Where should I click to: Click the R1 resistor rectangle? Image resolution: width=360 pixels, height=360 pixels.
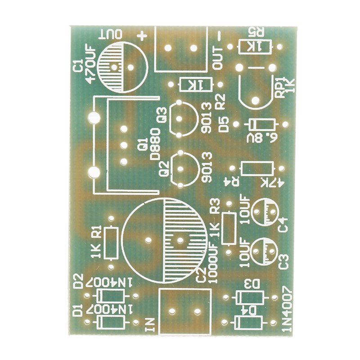[111, 243]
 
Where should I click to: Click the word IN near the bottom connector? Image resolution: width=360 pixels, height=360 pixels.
[150, 324]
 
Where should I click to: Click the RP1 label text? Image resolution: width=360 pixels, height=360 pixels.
[279, 88]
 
